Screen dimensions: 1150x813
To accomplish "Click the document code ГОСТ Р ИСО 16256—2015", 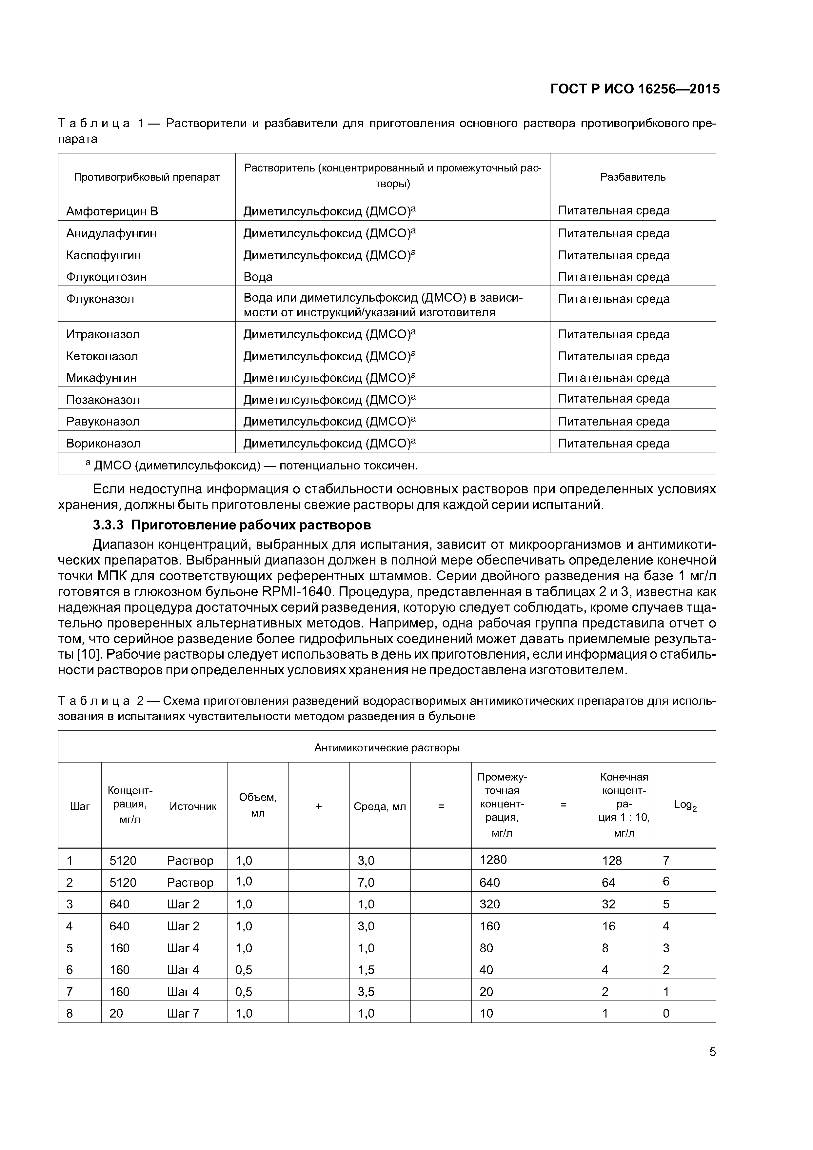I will (635, 89).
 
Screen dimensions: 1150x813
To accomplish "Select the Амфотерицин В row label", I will (112, 211).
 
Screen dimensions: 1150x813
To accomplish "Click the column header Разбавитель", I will (633, 177).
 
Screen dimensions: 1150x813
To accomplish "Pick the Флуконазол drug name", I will (100, 299).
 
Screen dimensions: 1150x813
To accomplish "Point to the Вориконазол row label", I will (103, 443).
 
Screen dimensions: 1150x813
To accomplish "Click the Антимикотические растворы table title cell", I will (387, 748).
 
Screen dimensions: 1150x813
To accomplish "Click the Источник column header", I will (193, 806).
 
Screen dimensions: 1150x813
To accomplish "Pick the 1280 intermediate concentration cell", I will (493, 860).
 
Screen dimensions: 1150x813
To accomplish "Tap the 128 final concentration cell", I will (612, 861).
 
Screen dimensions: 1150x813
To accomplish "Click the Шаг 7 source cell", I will (183, 1013).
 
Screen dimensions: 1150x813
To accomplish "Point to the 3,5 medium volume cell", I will (366, 991).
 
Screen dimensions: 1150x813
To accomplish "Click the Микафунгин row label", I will (101, 378).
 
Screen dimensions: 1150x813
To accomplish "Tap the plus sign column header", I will (319, 806).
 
